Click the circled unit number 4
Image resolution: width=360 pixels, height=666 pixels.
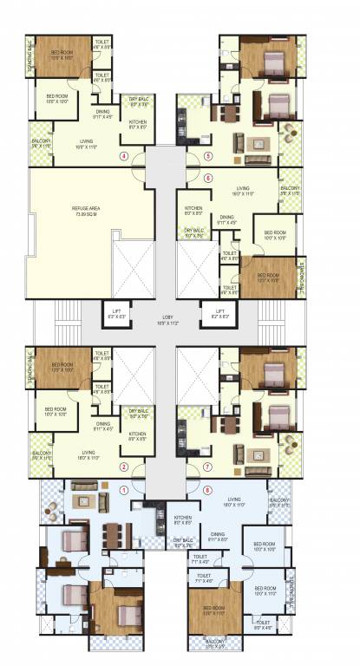tap(124, 157)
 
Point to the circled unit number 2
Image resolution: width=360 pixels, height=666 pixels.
tap(124, 467)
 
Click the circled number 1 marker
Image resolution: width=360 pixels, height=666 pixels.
tap(124, 489)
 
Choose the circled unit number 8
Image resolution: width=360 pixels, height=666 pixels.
tap(206, 489)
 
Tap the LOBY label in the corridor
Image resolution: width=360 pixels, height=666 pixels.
tap(167, 319)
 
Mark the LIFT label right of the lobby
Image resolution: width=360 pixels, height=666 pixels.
tap(219, 312)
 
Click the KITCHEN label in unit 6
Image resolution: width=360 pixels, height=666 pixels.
tap(193, 208)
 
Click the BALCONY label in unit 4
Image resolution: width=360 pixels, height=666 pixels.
tap(43, 142)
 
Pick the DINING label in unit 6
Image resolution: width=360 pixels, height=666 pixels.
tap(227, 218)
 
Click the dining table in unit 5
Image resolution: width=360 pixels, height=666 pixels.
tap(228, 112)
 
